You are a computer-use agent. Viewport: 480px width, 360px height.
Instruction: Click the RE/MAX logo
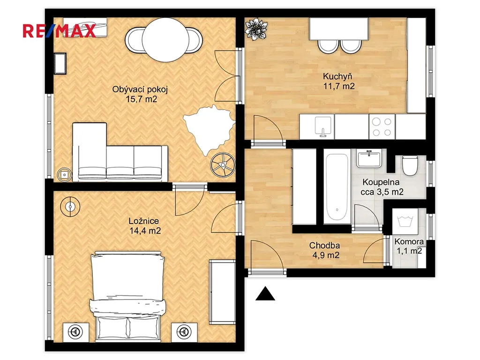tap(59, 31)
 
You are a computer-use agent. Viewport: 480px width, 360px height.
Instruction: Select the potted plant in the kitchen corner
tap(256, 29)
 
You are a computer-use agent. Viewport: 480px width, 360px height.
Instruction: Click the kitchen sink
tap(323, 127)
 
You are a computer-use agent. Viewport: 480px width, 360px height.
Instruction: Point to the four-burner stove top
tap(382, 127)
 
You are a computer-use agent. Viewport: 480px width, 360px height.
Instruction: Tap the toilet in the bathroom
tap(410, 165)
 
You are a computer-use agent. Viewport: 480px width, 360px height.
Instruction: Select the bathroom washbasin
tap(369, 158)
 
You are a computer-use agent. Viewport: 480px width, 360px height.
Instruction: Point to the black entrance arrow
tap(265, 293)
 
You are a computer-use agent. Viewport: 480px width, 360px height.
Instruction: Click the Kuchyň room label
tap(337, 76)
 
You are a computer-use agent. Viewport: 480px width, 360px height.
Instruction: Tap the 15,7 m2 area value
tap(142, 99)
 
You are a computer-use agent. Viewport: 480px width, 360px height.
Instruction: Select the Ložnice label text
tap(143, 221)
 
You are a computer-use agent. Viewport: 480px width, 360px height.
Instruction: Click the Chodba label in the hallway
tap(324, 246)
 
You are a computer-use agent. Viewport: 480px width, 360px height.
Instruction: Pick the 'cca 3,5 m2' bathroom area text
tap(382, 192)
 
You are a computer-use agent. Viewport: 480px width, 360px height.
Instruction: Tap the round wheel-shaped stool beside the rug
tap(223, 165)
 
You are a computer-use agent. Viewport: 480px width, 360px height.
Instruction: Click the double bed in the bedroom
tap(127, 296)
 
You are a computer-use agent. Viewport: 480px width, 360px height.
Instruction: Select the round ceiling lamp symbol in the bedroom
tap(70, 207)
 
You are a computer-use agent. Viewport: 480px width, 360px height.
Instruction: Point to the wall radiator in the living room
tap(60, 63)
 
